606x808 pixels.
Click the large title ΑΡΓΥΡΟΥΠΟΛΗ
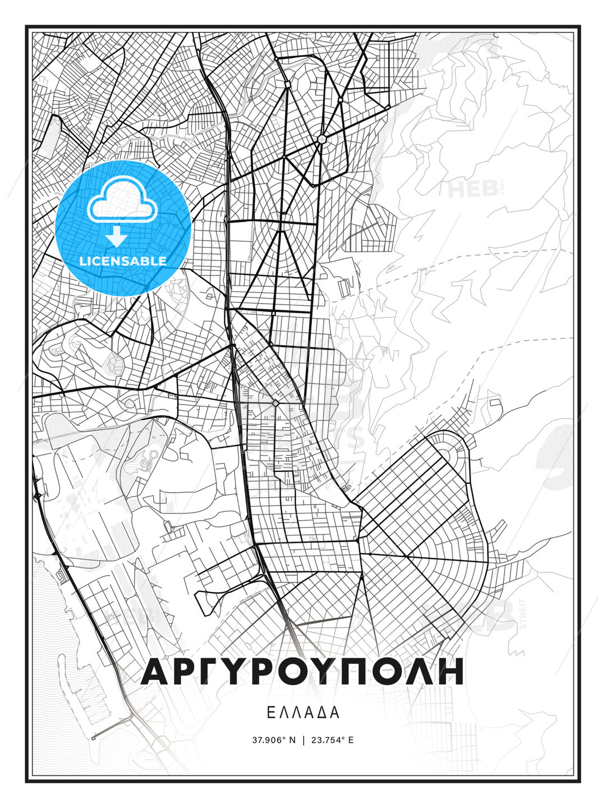coord(302,671)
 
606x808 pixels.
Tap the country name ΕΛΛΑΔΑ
coord(302,713)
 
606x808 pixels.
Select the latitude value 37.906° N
coord(273,740)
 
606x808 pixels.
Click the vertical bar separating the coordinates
coord(304,740)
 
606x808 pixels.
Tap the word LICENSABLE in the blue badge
coord(123,261)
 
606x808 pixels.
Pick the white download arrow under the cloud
coord(117,237)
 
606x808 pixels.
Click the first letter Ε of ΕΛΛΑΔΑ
coord(270,713)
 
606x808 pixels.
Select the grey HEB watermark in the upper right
coord(473,189)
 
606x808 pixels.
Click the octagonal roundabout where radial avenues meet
coord(322,139)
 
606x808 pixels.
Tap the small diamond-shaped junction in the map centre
coord(276,403)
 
